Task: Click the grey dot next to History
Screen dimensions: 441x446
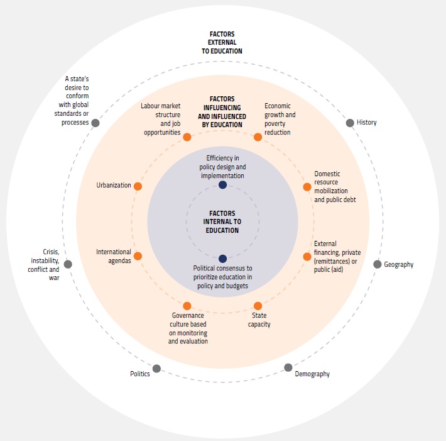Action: tap(350, 123)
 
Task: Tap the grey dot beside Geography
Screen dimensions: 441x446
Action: tap(378, 264)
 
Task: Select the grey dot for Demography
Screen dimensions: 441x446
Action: tap(288, 367)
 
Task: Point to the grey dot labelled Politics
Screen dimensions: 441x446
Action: tap(156, 368)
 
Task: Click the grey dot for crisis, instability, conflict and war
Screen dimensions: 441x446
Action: tap(68, 264)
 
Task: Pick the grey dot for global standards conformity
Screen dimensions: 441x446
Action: tap(95, 123)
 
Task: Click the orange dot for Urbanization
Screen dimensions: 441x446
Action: tap(138, 186)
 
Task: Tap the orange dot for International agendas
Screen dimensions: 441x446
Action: tap(138, 256)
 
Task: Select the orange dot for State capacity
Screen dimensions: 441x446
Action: tap(258, 306)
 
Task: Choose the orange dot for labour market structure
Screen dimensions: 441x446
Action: tap(187, 137)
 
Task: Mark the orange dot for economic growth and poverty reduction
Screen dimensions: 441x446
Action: tap(258, 137)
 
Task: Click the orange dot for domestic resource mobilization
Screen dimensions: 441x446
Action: tap(307, 187)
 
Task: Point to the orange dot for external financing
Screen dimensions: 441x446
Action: tap(307, 256)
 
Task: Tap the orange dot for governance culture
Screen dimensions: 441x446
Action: tap(187, 306)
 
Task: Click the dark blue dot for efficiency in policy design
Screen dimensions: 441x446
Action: tap(222, 184)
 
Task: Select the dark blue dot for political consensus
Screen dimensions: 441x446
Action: tap(222, 258)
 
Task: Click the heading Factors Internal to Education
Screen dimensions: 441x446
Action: tap(222, 221)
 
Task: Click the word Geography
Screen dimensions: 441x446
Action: tap(399, 265)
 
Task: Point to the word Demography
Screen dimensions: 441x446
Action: tap(312, 374)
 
